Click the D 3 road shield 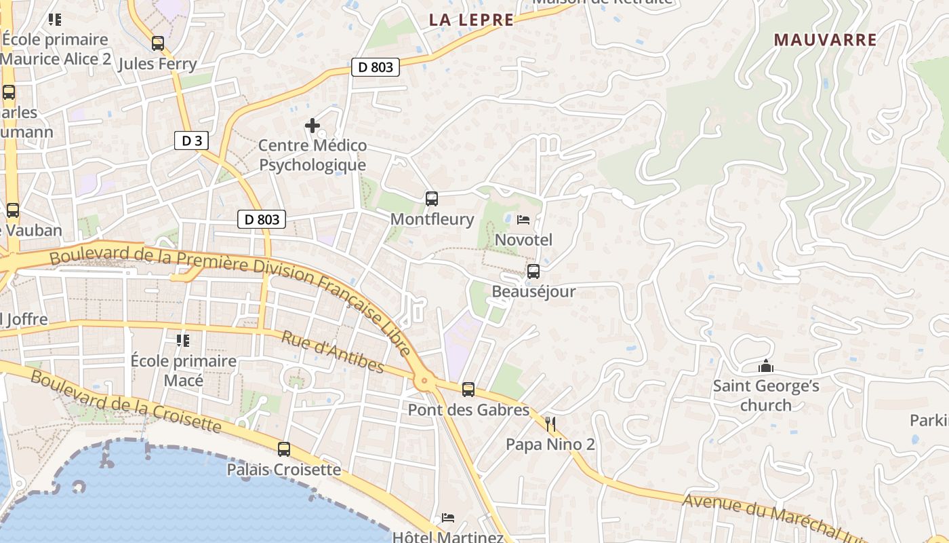coord(191,141)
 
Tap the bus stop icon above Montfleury coord(432,199)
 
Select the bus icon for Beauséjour coord(533,271)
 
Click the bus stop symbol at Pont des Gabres coord(468,390)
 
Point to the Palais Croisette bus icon coord(284,449)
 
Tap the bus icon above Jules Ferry coord(158,43)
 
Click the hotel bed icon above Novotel coord(523,219)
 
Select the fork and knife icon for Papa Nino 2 coord(550,425)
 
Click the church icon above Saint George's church coord(766,367)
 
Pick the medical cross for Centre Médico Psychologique coord(312,126)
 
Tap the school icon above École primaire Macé coord(183,340)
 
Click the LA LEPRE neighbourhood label coord(471,20)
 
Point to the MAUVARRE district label coord(826,40)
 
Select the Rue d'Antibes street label coord(332,352)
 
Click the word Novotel coord(523,240)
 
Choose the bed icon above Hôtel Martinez coord(448,518)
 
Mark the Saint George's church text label coord(766,396)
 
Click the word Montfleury coord(432,219)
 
